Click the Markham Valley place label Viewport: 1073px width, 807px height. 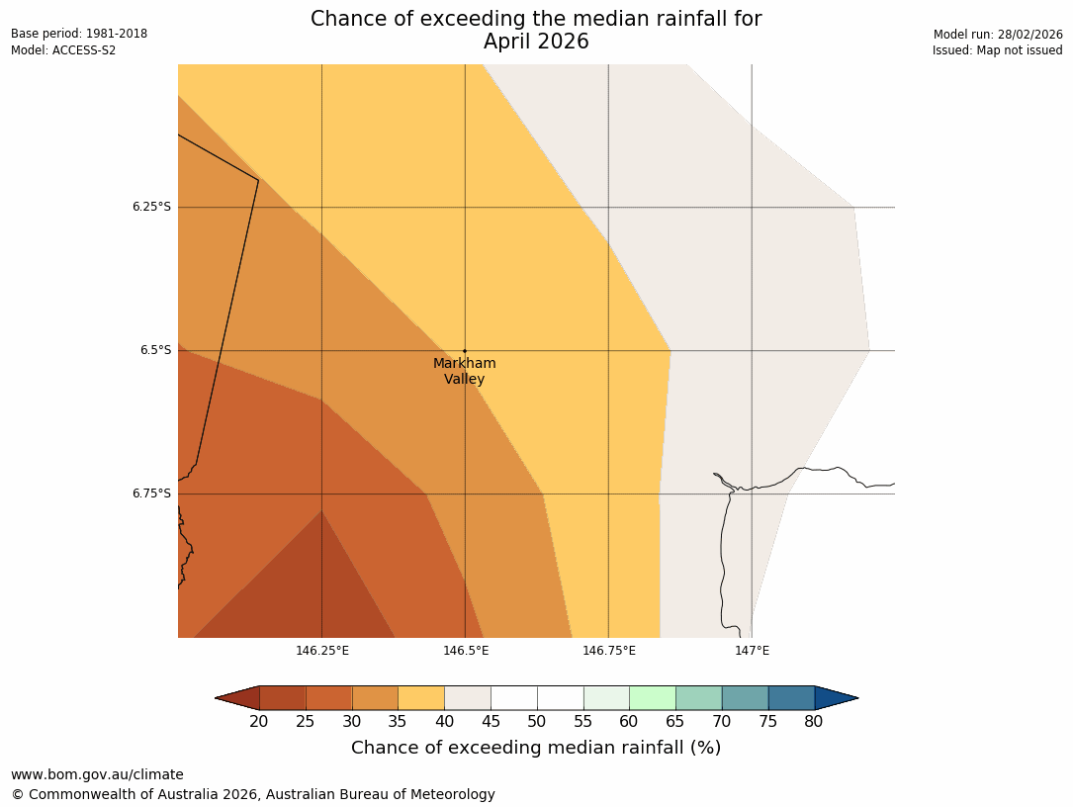tap(464, 371)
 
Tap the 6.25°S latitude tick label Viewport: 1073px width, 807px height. tap(151, 207)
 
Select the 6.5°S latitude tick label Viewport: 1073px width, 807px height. tap(155, 350)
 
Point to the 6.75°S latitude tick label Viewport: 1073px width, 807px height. tap(151, 493)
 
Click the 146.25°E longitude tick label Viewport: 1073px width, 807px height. tap(322, 650)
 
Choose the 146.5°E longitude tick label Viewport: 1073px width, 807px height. tap(466, 650)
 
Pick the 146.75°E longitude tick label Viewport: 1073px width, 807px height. tap(609, 650)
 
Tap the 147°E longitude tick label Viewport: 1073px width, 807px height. tap(753, 650)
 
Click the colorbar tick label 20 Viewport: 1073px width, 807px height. tap(259, 722)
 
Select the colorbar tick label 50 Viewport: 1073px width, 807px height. tap(537, 722)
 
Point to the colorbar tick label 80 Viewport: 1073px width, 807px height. tap(814, 722)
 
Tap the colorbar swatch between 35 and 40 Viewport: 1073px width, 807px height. tap(421, 698)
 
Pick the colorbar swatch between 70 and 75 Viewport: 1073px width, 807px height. tap(745, 698)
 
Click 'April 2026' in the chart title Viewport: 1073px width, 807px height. tap(536, 42)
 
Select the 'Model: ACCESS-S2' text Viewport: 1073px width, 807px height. tap(63, 50)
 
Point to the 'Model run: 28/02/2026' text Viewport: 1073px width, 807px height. tap(998, 34)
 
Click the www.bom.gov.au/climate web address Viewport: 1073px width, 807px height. tap(97, 774)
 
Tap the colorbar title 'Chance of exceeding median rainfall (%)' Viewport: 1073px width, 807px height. tap(536, 748)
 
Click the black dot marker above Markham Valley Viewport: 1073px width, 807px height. tap(465, 351)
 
